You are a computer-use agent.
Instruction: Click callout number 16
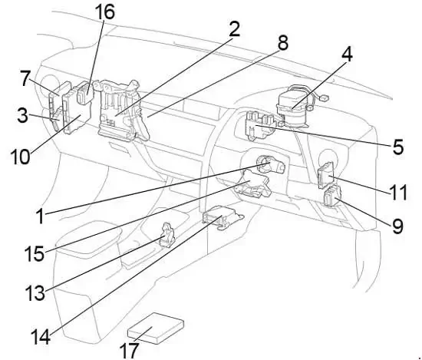tap(104, 12)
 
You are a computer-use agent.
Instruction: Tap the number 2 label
tap(235, 29)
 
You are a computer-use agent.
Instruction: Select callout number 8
tap(282, 42)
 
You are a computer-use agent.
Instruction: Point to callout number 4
tap(347, 54)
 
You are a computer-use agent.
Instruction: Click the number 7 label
tap(25, 78)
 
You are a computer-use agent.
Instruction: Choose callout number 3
tap(22, 115)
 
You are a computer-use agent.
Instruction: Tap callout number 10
tap(20, 157)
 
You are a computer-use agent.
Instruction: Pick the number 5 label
tap(398, 147)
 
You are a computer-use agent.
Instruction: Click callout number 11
tap(398, 192)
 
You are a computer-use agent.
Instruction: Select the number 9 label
tap(397, 226)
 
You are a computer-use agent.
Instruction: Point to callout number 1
tap(41, 216)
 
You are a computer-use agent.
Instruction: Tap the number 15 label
tap(35, 254)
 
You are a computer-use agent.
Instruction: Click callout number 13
tap(35, 293)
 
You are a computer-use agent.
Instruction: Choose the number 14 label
tap(41, 337)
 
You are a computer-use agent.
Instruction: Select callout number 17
tap(129, 350)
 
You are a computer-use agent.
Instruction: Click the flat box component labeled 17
tap(156, 328)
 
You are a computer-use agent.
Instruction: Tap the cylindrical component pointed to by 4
tap(293, 107)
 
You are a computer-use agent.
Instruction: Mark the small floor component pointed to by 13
tap(166, 235)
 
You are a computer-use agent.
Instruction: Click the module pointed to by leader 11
tap(326, 175)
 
